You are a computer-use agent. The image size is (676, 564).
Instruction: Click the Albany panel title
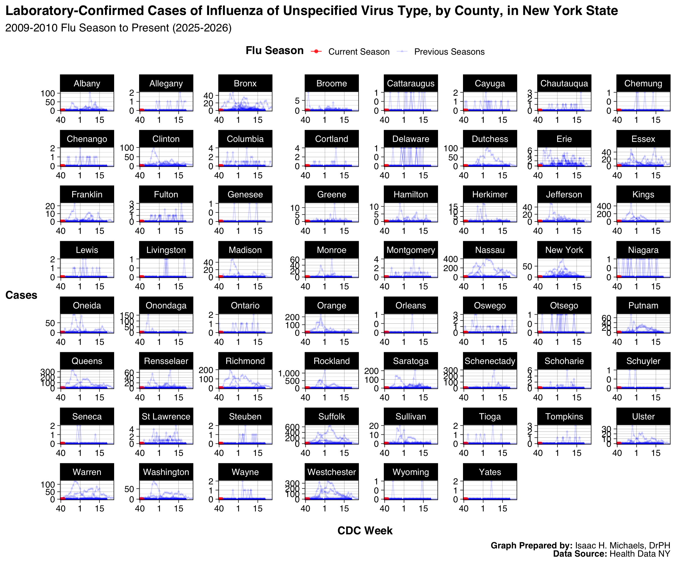(x=87, y=83)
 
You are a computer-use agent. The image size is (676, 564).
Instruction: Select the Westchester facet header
(x=332, y=472)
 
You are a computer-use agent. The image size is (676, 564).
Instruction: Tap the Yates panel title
(x=490, y=472)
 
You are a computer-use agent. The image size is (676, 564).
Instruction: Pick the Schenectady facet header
(x=490, y=361)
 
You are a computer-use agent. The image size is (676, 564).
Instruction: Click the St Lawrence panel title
(x=166, y=417)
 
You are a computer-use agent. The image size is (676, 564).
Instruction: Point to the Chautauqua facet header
(x=564, y=83)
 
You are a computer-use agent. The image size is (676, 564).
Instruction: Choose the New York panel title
(x=564, y=250)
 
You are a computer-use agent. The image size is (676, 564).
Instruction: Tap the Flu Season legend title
(x=275, y=51)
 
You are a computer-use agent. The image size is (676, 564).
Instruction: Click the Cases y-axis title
(x=21, y=295)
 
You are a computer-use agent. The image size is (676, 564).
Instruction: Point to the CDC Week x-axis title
(x=365, y=531)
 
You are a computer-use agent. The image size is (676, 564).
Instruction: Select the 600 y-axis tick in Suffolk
(x=292, y=427)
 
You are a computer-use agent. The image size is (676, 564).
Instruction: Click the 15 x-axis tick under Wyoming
(x=423, y=508)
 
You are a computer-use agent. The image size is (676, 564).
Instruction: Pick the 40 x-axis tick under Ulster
(x=617, y=453)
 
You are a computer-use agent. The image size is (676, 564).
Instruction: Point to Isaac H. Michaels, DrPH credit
(x=622, y=545)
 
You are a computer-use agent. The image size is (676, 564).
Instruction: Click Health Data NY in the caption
(x=640, y=554)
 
